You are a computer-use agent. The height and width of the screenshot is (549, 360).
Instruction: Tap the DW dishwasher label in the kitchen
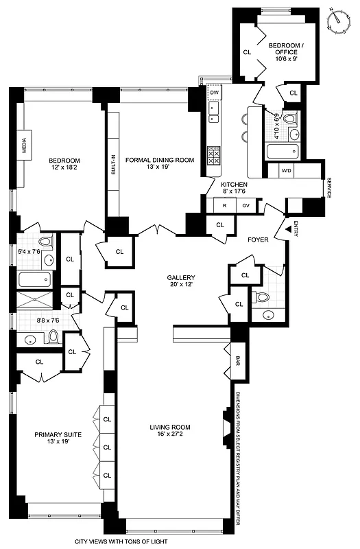(x=215, y=92)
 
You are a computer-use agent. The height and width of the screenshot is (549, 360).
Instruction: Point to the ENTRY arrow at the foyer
(x=287, y=231)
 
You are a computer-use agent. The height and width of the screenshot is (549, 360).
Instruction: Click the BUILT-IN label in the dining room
(x=113, y=165)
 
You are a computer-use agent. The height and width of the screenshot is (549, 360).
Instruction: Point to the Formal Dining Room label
(x=159, y=164)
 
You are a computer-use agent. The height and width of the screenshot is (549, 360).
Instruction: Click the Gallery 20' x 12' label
(x=182, y=282)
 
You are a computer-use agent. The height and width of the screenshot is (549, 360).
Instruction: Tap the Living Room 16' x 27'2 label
(x=169, y=430)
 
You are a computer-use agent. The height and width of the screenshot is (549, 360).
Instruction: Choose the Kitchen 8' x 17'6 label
(x=234, y=189)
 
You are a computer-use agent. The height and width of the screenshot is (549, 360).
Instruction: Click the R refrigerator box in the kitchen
(x=224, y=205)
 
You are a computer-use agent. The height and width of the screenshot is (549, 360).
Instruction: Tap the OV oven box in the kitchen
(x=245, y=205)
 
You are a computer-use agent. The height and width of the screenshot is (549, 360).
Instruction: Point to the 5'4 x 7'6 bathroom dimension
(x=28, y=250)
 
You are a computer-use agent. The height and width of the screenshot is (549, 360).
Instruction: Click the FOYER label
(x=258, y=240)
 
